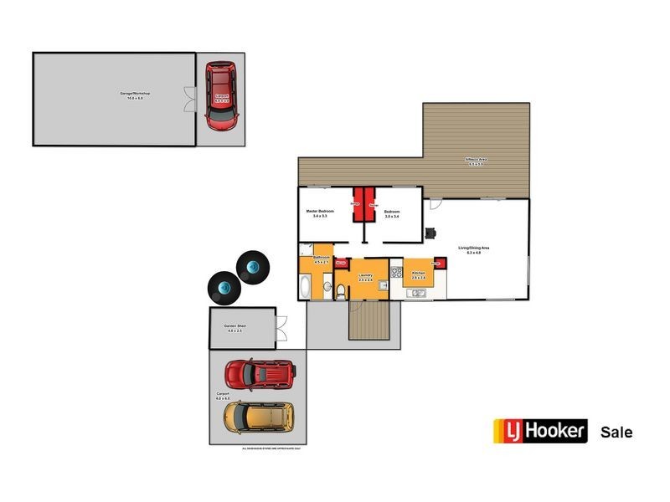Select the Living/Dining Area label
point(473,248)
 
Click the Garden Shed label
point(234,325)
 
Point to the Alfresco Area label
point(477,161)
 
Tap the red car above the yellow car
point(260,373)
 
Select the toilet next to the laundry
point(343,291)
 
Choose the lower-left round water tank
point(224,289)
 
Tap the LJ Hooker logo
point(539,432)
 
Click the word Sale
point(616,433)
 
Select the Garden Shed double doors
point(282,328)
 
